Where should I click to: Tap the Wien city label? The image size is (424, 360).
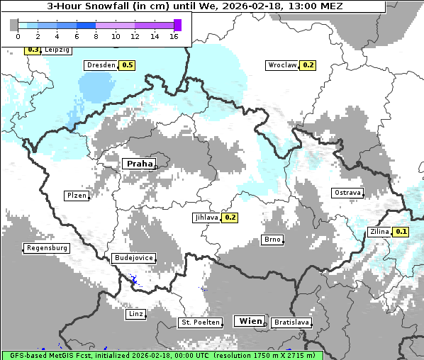pos(250,321)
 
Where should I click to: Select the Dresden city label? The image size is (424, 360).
pos(100,65)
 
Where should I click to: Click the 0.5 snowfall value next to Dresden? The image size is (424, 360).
pos(127,65)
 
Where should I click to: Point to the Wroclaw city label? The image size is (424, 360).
pos(281,65)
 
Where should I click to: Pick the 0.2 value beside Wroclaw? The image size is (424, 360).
pos(308,65)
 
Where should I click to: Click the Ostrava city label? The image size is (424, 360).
pos(347,193)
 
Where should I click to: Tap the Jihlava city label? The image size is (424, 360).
pos(206,218)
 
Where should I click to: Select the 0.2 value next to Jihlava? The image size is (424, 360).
pos(230,218)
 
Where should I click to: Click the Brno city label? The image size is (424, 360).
pos(272,240)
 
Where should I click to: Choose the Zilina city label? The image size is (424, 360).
pos(379,232)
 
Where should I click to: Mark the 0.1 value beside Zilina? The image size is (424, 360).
pos(401,232)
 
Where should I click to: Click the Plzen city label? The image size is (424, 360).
pos(76,196)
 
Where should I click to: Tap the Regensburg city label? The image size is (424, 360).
pos(47,248)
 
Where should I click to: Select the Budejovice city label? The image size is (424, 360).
pos(133,258)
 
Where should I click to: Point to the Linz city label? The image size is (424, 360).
pos(135,313)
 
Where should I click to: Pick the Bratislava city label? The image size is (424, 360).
pos(291,322)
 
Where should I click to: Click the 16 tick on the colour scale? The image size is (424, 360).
pos(173,36)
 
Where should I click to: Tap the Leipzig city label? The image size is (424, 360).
pos(57,50)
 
